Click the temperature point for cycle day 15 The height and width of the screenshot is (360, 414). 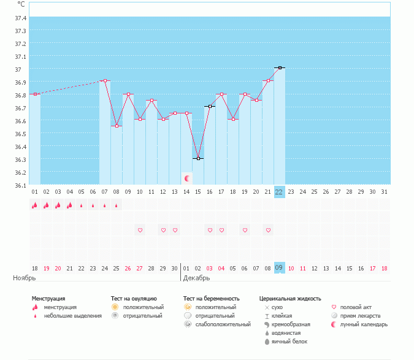point(197,158)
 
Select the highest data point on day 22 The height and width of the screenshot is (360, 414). point(280,67)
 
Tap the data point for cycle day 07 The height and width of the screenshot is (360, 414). point(105,80)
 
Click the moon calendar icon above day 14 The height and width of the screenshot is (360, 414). point(186,178)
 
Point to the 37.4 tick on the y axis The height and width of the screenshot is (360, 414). point(21,18)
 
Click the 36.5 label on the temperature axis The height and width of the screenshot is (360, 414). point(21,134)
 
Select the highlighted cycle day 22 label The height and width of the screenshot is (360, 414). point(279,192)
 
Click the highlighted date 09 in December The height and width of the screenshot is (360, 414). point(279,268)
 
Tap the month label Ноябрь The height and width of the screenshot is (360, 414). point(25,278)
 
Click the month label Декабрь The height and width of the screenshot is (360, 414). point(196,278)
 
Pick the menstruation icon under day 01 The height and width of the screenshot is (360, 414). point(35,205)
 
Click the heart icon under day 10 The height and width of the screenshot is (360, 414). point(140,230)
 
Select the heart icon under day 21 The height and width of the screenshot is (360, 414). point(268,230)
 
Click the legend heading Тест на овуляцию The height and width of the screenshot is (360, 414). point(134,299)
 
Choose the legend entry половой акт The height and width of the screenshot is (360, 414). point(356,307)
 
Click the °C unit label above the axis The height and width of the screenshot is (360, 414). point(21,4)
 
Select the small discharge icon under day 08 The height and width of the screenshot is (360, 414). point(117,205)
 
